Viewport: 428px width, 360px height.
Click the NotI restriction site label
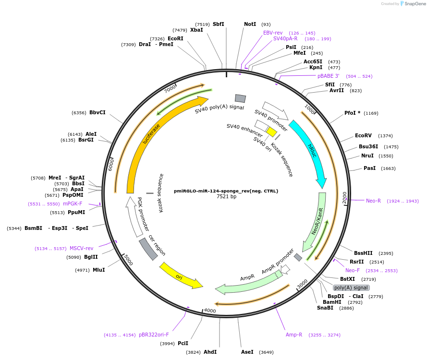tap(250, 24)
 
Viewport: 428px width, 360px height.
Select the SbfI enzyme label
tap(218, 24)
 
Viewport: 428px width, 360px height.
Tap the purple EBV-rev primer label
tap(273, 33)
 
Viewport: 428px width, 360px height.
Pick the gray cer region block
tap(148, 249)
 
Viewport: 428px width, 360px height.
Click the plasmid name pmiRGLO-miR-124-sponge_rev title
tap(226, 191)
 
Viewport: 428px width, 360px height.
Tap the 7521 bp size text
tap(226, 196)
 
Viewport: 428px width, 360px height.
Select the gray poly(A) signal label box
tap(351, 288)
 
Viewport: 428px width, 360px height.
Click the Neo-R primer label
tap(373, 201)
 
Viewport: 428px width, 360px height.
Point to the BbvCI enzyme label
tap(97, 112)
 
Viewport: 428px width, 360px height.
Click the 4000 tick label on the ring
tap(210, 311)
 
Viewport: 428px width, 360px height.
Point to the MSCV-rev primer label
tap(81, 248)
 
